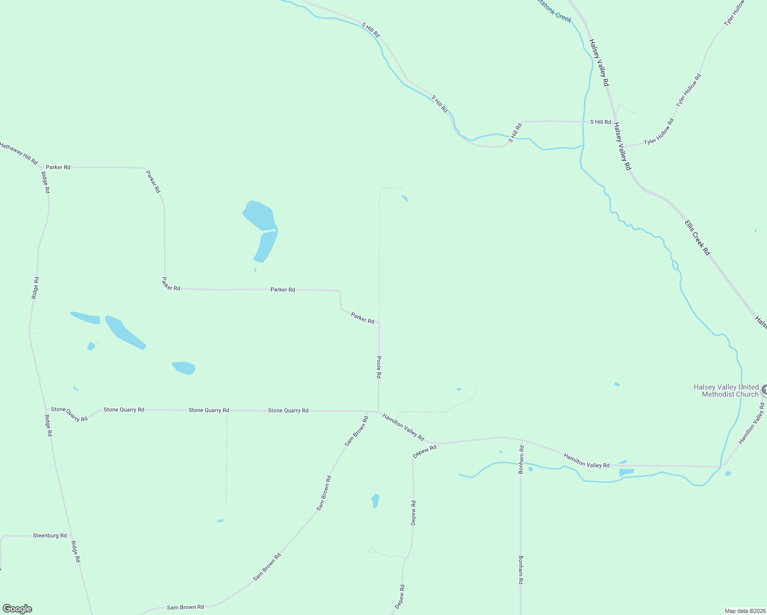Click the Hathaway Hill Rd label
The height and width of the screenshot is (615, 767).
pyautogui.click(x=19, y=154)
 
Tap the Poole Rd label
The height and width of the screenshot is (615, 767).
pyautogui.click(x=379, y=367)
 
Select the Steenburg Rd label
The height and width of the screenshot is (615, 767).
pyautogui.click(x=50, y=536)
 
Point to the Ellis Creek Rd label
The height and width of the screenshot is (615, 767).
pyautogui.click(x=697, y=238)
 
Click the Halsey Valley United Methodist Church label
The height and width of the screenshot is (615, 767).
pyautogui.click(x=725, y=391)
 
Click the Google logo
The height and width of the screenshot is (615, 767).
pyautogui.click(x=17, y=609)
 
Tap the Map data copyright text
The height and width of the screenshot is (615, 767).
pyautogui.click(x=744, y=611)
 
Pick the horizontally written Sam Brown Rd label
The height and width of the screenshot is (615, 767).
pyautogui.click(x=185, y=607)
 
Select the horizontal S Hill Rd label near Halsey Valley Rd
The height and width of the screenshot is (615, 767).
pyautogui.click(x=600, y=122)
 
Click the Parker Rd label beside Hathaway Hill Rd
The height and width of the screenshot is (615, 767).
pyautogui.click(x=58, y=167)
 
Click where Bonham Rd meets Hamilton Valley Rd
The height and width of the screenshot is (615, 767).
pyautogui.click(x=521, y=440)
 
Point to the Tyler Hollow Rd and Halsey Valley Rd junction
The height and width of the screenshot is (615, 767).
pyautogui.click(x=623, y=148)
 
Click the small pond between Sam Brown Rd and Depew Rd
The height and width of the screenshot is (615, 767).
pyautogui.click(x=375, y=501)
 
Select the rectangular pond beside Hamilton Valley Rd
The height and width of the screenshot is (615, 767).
pyautogui.click(x=627, y=472)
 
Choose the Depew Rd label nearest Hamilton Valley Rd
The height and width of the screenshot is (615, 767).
pyautogui.click(x=425, y=451)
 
